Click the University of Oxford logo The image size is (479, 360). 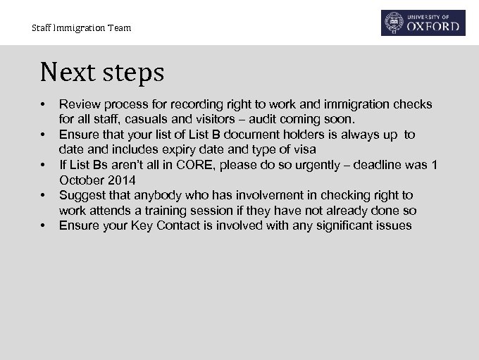click(x=423, y=23)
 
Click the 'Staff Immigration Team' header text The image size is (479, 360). click(x=81, y=28)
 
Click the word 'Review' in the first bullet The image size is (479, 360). click(x=77, y=104)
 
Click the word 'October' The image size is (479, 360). click(x=80, y=180)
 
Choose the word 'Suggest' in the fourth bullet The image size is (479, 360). click(x=80, y=195)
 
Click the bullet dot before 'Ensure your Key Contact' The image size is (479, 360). click(x=44, y=225)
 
